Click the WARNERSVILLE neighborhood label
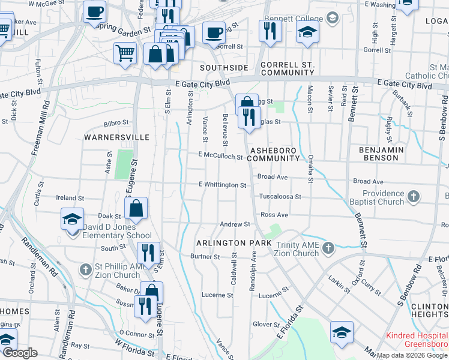point(116,137)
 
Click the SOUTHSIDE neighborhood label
point(224,68)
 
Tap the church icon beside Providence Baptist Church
point(413,196)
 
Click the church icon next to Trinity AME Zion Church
point(328,248)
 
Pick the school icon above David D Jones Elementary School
point(72,218)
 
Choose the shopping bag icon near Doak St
point(136,208)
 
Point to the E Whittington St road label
point(223,185)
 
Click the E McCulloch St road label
point(220,157)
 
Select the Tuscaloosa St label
point(279,196)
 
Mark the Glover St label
point(263,324)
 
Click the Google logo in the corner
point(20,353)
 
